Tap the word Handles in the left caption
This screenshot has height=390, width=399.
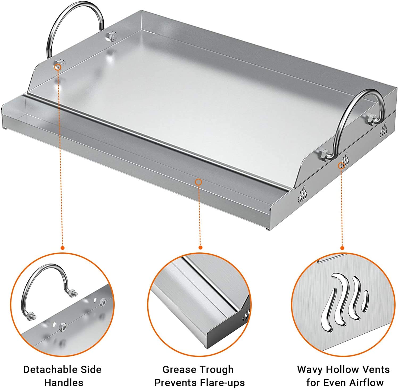[x=64, y=383]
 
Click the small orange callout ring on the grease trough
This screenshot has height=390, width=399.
[x=198, y=182]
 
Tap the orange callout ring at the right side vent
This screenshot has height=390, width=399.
[x=341, y=166]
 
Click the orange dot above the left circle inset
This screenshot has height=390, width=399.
[x=63, y=248]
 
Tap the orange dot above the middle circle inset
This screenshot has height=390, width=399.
[x=201, y=247]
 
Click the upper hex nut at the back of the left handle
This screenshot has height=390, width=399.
[x=111, y=36]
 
